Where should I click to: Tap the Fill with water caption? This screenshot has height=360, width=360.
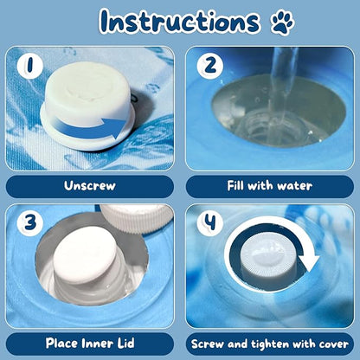[x=269, y=184]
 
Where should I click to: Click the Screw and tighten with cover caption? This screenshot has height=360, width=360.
[x=269, y=343]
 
